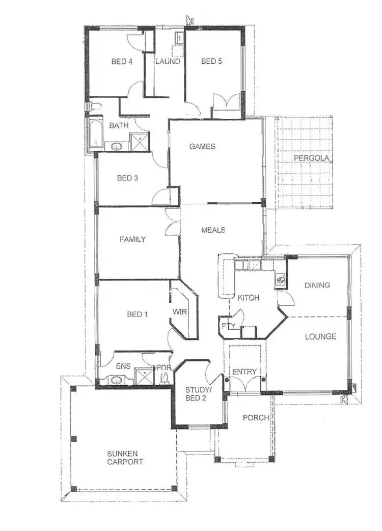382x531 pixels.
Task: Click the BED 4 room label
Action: pos(122,62)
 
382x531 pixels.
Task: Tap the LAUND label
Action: pos(168,62)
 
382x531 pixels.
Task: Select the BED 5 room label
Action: pos(211,62)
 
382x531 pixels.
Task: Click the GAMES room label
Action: pos(202,147)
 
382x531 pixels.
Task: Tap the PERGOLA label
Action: pos(311,158)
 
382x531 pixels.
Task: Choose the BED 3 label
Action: pos(127,178)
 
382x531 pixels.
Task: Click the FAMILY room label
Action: pos(133,239)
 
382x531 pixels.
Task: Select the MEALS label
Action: pos(213,230)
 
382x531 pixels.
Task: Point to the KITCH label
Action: pos(249,298)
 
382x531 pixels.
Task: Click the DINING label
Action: pos(317,285)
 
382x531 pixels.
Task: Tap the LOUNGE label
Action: pos(320,336)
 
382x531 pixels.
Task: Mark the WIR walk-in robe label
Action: pos(178,310)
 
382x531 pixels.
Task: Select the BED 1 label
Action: pos(137,314)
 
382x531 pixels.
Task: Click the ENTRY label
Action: pos(244,372)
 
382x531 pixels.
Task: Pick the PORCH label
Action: pos(256,418)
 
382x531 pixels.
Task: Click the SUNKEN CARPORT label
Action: pos(125,458)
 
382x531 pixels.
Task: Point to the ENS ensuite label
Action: pos(124,366)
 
